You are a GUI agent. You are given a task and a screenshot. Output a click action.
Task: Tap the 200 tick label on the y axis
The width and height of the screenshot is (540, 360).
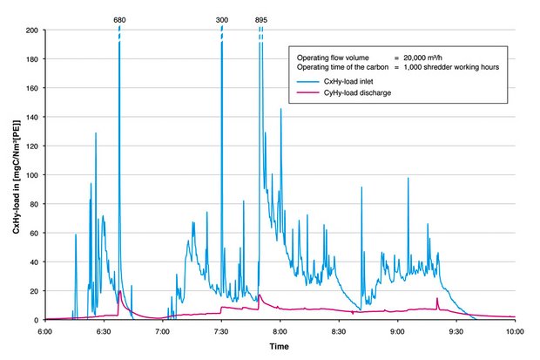tap(32, 30)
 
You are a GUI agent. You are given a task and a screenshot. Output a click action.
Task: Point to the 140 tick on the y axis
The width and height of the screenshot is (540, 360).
tap(32, 117)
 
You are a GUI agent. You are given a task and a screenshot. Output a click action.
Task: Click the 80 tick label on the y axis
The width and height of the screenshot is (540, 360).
tap(34, 204)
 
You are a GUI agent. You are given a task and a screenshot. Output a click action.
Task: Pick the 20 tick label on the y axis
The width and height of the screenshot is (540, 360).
tap(34, 291)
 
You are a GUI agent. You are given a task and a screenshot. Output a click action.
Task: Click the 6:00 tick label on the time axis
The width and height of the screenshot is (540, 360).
tap(45, 332)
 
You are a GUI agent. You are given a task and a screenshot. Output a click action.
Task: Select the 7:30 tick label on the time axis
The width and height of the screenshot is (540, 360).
tap(222, 332)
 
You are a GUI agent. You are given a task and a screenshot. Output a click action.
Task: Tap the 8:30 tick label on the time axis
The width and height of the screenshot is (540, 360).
tap(339, 332)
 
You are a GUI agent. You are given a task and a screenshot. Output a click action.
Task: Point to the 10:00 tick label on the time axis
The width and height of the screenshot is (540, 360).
tap(515, 332)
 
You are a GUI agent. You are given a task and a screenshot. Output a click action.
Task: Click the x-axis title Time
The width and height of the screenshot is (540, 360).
tap(280, 347)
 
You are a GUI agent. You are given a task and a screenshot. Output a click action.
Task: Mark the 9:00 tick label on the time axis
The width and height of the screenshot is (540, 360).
tap(398, 332)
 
